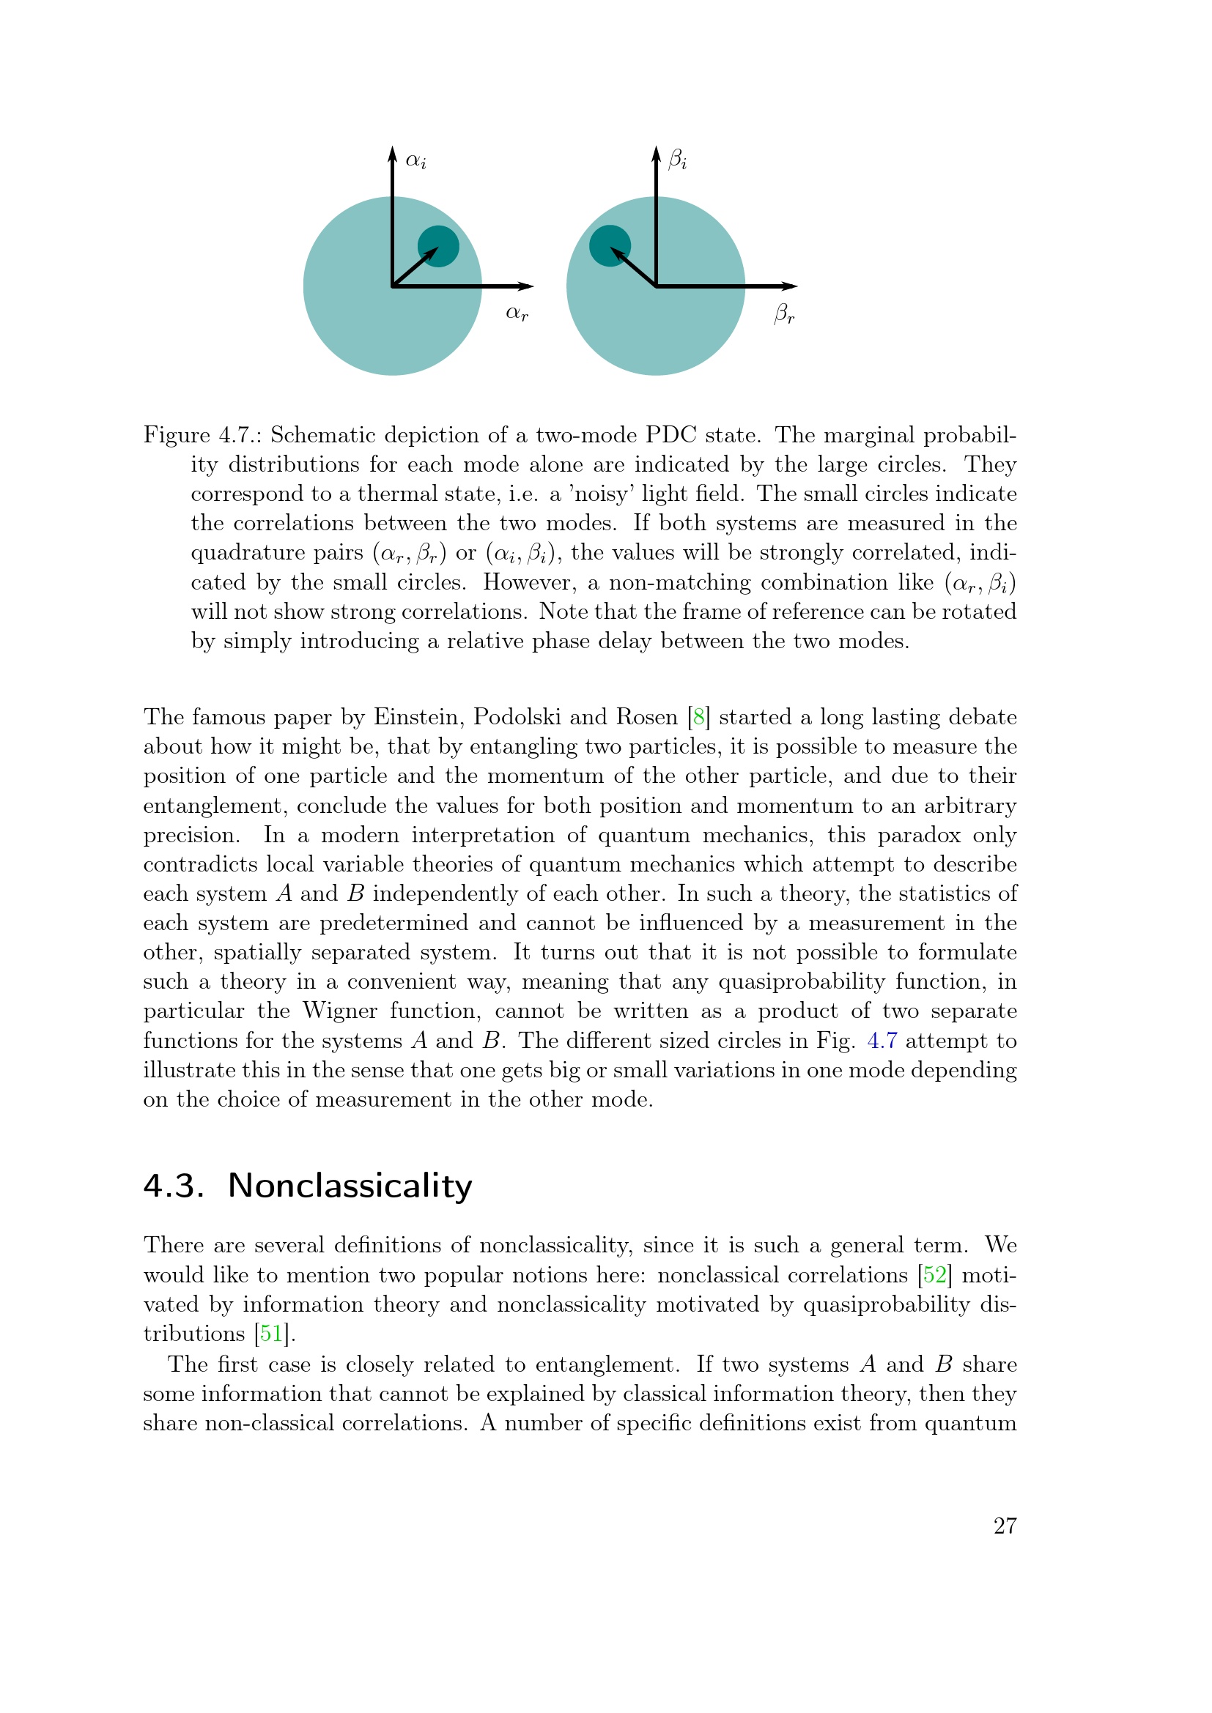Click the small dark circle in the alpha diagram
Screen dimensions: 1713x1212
click(x=438, y=246)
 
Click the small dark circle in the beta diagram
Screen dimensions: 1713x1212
click(x=610, y=245)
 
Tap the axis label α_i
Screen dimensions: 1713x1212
click(x=415, y=160)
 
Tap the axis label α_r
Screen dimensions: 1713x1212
click(x=517, y=313)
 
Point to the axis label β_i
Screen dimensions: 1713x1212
click(x=678, y=160)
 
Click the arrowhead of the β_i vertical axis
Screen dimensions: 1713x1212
click(x=656, y=154)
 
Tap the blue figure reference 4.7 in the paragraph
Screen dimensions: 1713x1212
click(x=882, y=1041)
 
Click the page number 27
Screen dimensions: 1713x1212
click(x=1005, y=1526)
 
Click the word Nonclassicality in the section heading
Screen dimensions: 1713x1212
click(x=350, y=1186)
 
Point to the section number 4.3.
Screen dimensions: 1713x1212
click(x=173, y=1186)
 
